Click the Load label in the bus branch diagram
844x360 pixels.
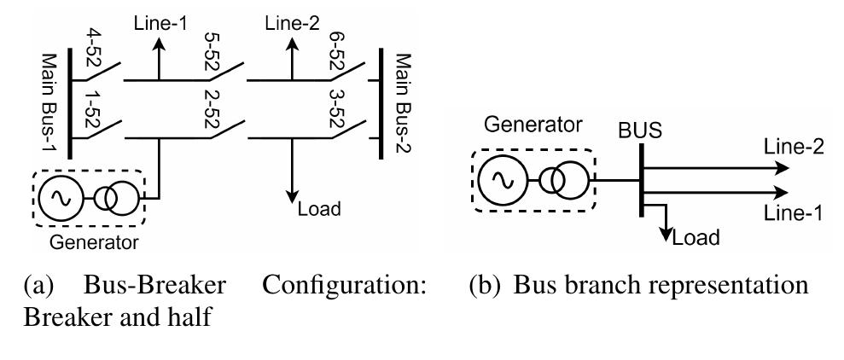pyautogui.click(x=696, y=238)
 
